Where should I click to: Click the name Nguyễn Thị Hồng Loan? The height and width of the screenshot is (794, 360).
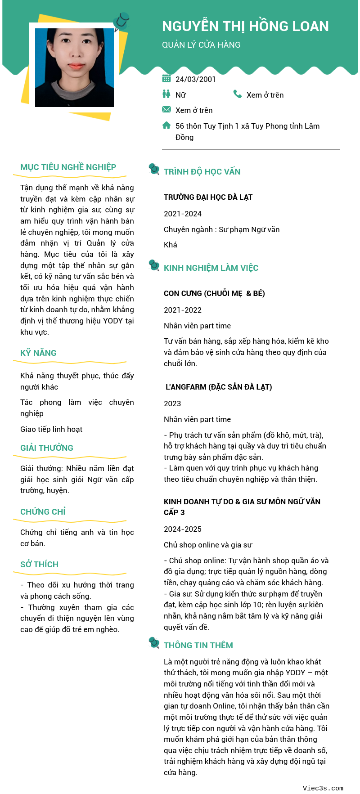(245, 26)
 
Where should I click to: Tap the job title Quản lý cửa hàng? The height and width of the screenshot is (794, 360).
(201, 45)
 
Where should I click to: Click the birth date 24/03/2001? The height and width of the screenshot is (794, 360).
(195, 79)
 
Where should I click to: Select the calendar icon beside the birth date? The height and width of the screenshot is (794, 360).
(166, 78)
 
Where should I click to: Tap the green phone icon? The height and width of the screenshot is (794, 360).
(238, 94)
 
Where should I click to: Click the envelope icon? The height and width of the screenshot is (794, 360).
(166, 109)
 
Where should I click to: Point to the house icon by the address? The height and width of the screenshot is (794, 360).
(166, 126)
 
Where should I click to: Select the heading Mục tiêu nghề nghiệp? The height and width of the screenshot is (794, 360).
(68, 167)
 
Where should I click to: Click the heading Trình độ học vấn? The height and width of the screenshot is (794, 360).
(202, 172)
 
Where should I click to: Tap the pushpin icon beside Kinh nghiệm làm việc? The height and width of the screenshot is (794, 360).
(154, 265)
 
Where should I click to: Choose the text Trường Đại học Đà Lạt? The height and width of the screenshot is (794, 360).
(208, 197)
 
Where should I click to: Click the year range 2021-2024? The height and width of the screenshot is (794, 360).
(183, 214)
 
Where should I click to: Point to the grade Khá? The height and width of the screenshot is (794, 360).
(171, 245)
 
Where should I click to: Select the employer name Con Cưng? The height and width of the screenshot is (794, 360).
(183, 293)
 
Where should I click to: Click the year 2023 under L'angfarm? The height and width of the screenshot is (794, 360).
(172, 404)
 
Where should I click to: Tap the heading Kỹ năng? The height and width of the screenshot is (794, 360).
(38, 353)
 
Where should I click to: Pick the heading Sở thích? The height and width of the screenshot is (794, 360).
(39, 565)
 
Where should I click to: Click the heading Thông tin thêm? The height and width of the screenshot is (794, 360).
(198, 646)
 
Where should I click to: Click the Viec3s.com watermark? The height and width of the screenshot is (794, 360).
(323, 788)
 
